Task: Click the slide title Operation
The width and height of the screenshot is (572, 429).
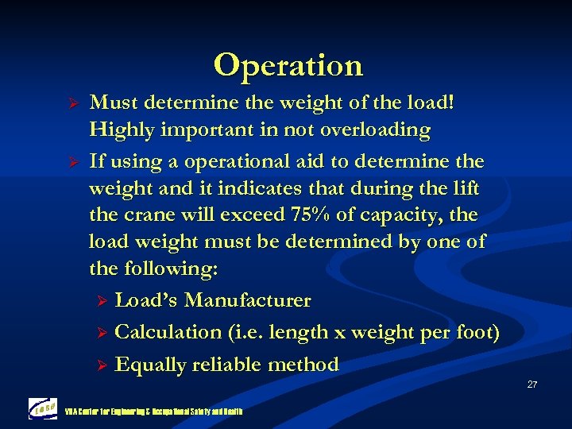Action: click(288, 65)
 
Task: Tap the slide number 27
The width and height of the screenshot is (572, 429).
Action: click(531, 385)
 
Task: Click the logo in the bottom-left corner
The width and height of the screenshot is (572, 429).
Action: click(43, 408)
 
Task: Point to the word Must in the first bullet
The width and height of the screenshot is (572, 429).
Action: click(111, 102)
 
